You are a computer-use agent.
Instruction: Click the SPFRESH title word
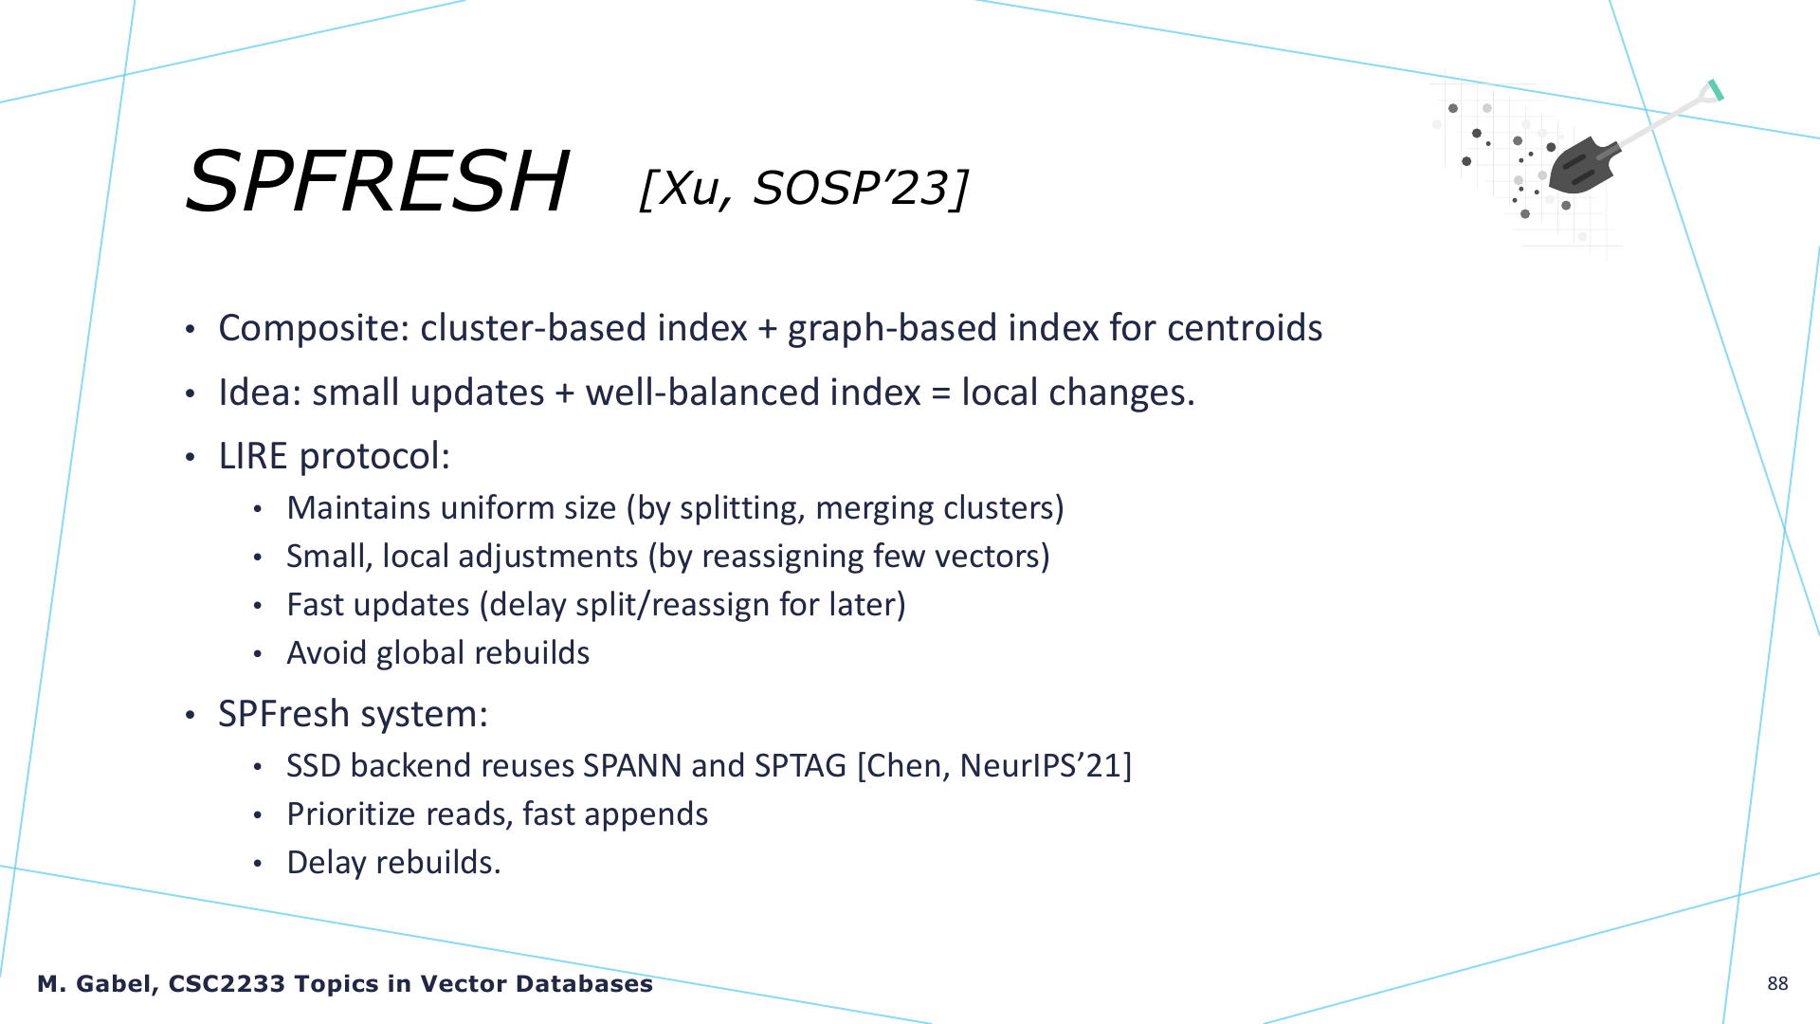pos(377,181)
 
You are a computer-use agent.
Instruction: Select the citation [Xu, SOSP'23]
pos(804,188)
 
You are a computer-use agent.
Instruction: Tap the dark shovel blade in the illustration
pos(1580,166)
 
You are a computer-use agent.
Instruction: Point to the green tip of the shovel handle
pos(1715,90)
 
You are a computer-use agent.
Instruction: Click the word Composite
pos(314,328)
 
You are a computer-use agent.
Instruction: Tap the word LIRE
pos(252,456)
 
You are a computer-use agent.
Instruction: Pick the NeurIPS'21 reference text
pos(1042,766)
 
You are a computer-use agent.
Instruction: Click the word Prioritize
pos(352,814)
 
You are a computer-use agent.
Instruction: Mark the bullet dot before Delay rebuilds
pos(257,864)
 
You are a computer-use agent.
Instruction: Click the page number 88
pos(1777,984)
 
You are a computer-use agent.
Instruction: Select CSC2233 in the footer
pos(227,984)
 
